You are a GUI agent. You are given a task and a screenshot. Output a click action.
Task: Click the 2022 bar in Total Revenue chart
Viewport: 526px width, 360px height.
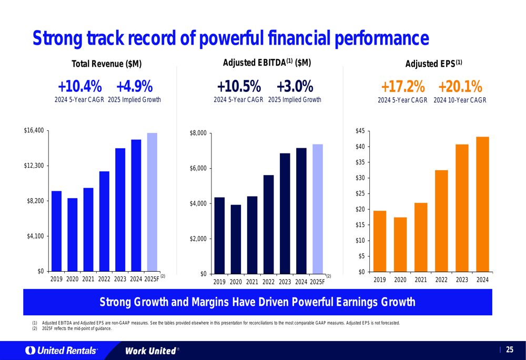click(104, 221)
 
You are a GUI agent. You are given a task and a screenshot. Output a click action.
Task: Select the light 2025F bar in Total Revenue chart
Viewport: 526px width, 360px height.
click(152, 202)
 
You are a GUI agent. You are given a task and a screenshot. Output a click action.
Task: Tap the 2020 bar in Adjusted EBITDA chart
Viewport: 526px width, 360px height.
click(236, 239)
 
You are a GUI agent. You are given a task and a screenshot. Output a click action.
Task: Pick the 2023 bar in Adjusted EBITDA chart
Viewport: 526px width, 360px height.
click(285, 213)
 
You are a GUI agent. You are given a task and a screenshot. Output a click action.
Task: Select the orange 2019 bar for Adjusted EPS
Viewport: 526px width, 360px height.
click(379, 241)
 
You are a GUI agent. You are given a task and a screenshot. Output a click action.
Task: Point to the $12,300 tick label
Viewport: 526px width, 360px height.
click(34, 166)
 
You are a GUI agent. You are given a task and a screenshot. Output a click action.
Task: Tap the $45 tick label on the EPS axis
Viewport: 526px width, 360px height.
click(360, 130)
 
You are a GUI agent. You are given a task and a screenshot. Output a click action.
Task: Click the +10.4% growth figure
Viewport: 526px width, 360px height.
click(80, 86)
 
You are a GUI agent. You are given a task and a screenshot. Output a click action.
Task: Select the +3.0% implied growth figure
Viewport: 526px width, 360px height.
click(295, 86)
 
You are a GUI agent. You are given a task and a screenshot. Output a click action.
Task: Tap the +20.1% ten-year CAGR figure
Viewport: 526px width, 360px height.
click(460, 86)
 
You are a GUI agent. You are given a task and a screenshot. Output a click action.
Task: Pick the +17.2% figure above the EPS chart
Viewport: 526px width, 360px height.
click(403, 86)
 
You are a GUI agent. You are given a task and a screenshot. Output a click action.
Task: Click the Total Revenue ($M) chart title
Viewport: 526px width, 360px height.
click(107, 64)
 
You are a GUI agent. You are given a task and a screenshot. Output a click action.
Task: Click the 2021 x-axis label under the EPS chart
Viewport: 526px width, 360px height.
click(420, 280)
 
